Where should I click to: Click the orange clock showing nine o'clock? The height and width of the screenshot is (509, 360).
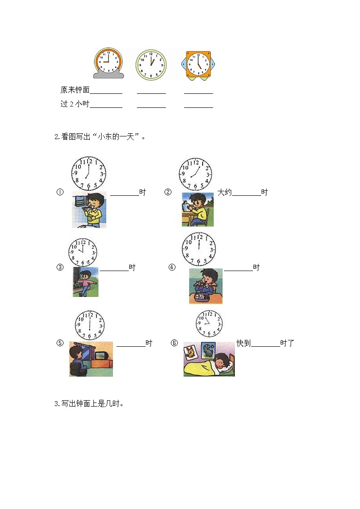(108, 61)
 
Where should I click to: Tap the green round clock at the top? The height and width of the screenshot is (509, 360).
(151, 65)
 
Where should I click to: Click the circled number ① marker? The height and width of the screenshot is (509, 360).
(59, 192)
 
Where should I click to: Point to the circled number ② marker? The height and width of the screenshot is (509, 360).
(168, 192)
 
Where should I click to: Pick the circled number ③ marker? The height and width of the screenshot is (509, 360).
(60, 267)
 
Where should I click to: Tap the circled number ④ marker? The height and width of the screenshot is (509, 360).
(172, 267)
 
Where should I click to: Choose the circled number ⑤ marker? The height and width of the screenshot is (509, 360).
(60, 343)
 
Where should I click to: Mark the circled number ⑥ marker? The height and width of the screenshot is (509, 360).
(174, 343)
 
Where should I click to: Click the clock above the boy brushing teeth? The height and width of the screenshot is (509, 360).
(88, 173)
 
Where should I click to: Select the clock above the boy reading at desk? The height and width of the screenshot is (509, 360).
(195, 174)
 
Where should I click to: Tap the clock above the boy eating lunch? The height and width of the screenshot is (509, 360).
(199, 249)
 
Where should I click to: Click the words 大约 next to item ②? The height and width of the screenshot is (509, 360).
(224, 192)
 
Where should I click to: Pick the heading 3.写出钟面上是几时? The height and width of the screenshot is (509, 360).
(89, 404)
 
